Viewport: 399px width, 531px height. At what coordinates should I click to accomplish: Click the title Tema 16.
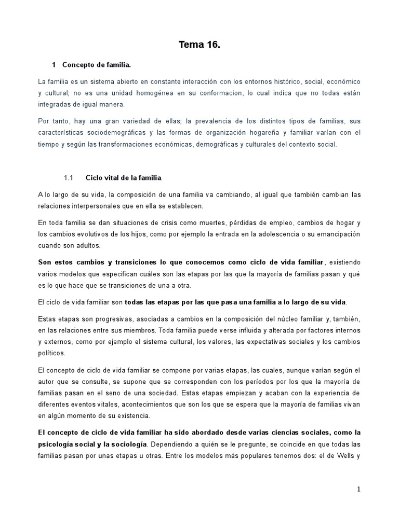pos(199,45)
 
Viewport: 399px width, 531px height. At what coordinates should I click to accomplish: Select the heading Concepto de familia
pos(97,65)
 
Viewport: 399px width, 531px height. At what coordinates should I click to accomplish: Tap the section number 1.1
pos(70,178)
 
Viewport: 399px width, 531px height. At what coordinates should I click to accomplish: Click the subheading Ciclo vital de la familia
pos(124,178)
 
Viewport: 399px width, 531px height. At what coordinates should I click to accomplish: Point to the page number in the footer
pos(358,489)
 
